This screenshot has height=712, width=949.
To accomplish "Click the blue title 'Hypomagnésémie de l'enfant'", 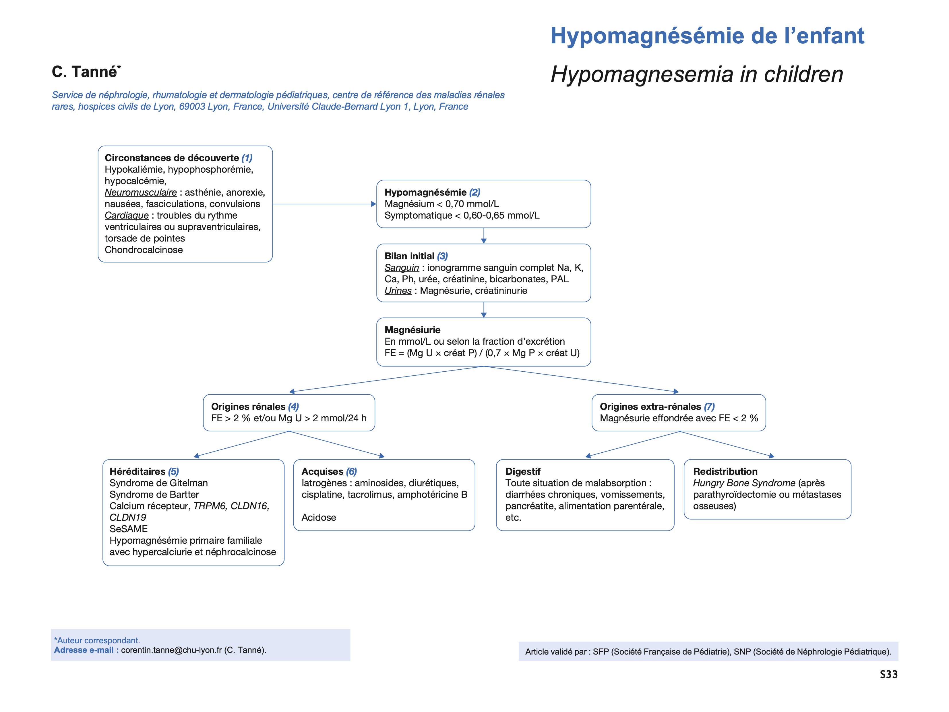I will point(707,36).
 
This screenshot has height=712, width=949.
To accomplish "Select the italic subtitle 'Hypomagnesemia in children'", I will point(697,74).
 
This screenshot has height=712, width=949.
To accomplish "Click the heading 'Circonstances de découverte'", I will point(172,158).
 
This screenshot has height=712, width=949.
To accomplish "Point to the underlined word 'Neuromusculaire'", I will point(141,192).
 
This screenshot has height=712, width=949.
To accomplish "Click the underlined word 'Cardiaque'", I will point(127,215).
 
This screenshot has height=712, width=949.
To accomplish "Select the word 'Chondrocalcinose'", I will point(144,250).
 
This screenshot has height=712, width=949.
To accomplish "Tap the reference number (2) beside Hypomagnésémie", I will point(475,192).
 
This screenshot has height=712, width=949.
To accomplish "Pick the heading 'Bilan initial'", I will point(409,256).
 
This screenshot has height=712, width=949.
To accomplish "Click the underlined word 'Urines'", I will point(398,291).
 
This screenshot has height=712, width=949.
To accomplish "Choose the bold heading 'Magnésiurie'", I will point(412,330).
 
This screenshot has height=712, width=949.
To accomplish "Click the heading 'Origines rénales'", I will point(248,406).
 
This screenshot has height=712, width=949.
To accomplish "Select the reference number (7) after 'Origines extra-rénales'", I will point(709,406).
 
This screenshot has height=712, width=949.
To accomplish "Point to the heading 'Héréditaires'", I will point(137,472).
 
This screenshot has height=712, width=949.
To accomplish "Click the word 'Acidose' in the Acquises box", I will point(319,518).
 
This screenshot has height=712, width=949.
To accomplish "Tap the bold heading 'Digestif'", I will point(522,472).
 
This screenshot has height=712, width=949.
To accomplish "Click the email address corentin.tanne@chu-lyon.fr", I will point(171,650).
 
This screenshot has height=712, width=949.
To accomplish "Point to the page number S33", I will point(888,675).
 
